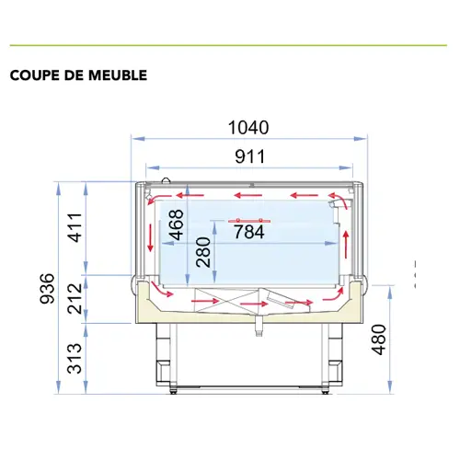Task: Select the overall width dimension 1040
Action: pos(249,128)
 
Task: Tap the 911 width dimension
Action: pos(249,156)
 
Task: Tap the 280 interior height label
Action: pos(203,251)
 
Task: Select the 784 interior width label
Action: pos(248,233)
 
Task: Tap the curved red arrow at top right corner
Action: pos(339,200)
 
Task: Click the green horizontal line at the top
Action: pos(230,45)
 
